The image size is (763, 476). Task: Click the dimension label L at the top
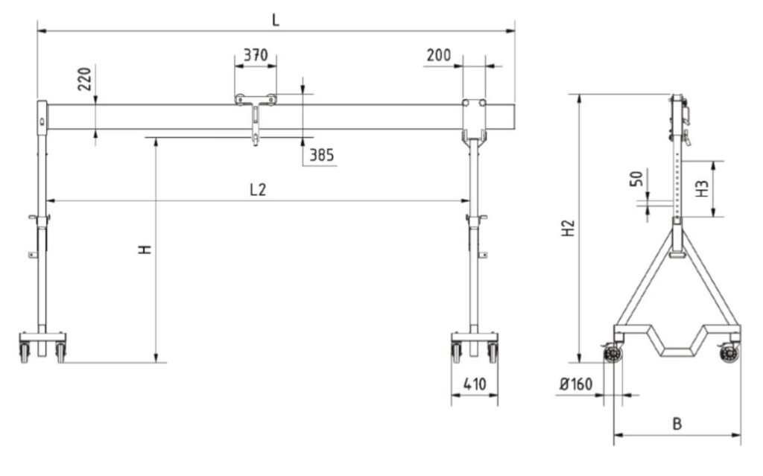(276, 19)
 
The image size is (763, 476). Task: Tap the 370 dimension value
(256, 55)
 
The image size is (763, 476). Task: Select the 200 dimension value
(440, 55)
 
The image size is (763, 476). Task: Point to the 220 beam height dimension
(84, 78)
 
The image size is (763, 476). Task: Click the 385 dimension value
(321, 155)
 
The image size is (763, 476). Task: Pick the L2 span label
(257, 190)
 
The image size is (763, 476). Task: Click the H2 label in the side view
(569, 228)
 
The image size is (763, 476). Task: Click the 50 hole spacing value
(636, 181)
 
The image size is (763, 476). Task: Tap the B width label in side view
(677, 424)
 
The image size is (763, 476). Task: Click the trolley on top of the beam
(256, 100)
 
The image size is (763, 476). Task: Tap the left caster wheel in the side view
(613, 355)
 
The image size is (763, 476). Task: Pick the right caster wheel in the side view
(729, 355)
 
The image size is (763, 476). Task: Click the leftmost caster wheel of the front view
(25, 352)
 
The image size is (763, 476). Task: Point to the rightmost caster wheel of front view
(493, 352)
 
